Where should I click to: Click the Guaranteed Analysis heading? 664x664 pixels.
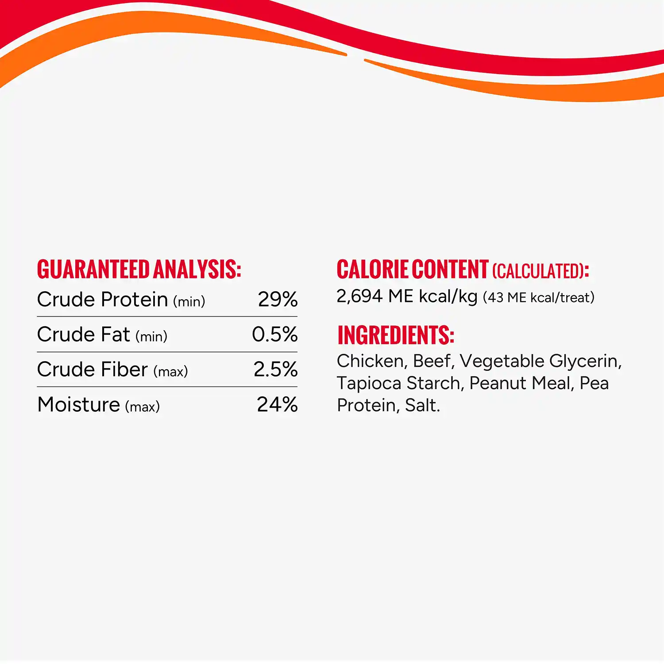139,270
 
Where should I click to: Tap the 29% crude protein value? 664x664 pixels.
278,300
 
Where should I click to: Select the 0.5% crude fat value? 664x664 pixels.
274,335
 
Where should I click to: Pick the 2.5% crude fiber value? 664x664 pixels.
275,370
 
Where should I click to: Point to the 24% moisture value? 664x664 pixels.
277,405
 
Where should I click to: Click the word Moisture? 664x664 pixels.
79,405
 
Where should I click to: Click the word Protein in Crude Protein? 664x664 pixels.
134,300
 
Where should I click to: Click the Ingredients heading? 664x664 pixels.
396,335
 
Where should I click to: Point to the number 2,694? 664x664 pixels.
359,297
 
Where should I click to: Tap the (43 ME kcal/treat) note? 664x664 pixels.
538,297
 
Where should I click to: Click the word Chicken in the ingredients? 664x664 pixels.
370,361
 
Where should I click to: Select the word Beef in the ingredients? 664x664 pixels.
432,361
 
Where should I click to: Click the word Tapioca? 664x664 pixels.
369,384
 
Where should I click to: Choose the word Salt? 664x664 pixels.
421,405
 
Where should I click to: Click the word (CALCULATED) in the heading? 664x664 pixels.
538,271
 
